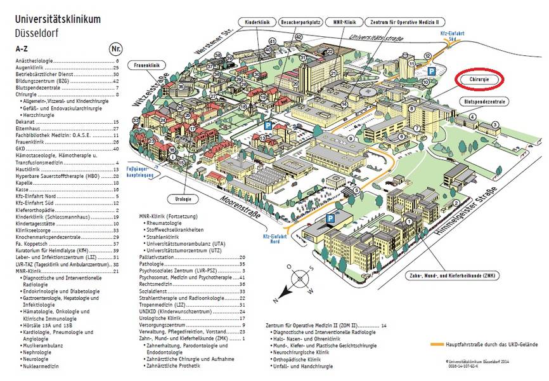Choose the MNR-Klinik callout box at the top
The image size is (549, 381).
(347, 22)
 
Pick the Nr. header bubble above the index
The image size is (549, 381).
(116, 48)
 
